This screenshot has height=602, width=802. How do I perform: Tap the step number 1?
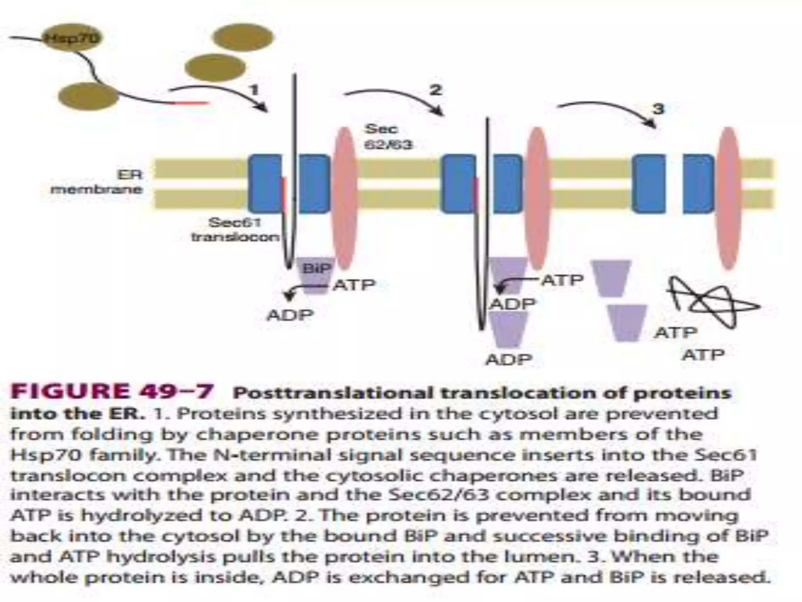click(x=255, y=90)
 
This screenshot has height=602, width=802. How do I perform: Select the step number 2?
click(x=435, y=90)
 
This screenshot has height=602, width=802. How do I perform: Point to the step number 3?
click(x=658, y=108)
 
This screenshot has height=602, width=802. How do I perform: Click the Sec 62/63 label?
click(x=388, y=136)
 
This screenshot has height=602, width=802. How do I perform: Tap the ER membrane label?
click(x=98, y=182)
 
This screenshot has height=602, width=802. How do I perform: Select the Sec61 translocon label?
click(x=235, y=230)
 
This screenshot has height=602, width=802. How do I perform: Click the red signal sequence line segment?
click(x=192, y=103)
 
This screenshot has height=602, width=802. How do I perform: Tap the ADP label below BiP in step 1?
click(x=290, y=315)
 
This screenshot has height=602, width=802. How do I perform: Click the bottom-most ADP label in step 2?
click(x=509, y=359)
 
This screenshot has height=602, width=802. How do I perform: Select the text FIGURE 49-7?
click(x=112, y=391)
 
